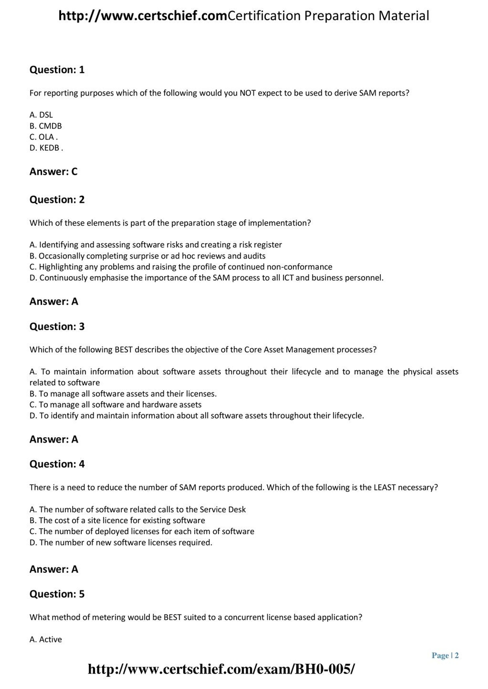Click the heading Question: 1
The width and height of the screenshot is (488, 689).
click(x=57, y=70)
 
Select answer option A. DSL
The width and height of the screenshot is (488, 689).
click(x=41, y=115)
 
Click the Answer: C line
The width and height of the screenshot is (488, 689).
click(x=54, y=171)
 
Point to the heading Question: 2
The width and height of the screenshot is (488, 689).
click(x=57, y=199)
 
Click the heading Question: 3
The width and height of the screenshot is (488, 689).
click(x=57, y=326)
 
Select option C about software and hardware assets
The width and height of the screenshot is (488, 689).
click(x=115, y=405)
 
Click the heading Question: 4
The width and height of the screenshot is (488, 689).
click(x=57, y=464)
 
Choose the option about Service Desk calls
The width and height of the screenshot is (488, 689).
click(x=138, y=509)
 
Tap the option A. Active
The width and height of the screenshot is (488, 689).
click(x=46, y=639)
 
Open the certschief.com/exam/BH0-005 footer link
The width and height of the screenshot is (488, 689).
click(x=221, y=669)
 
